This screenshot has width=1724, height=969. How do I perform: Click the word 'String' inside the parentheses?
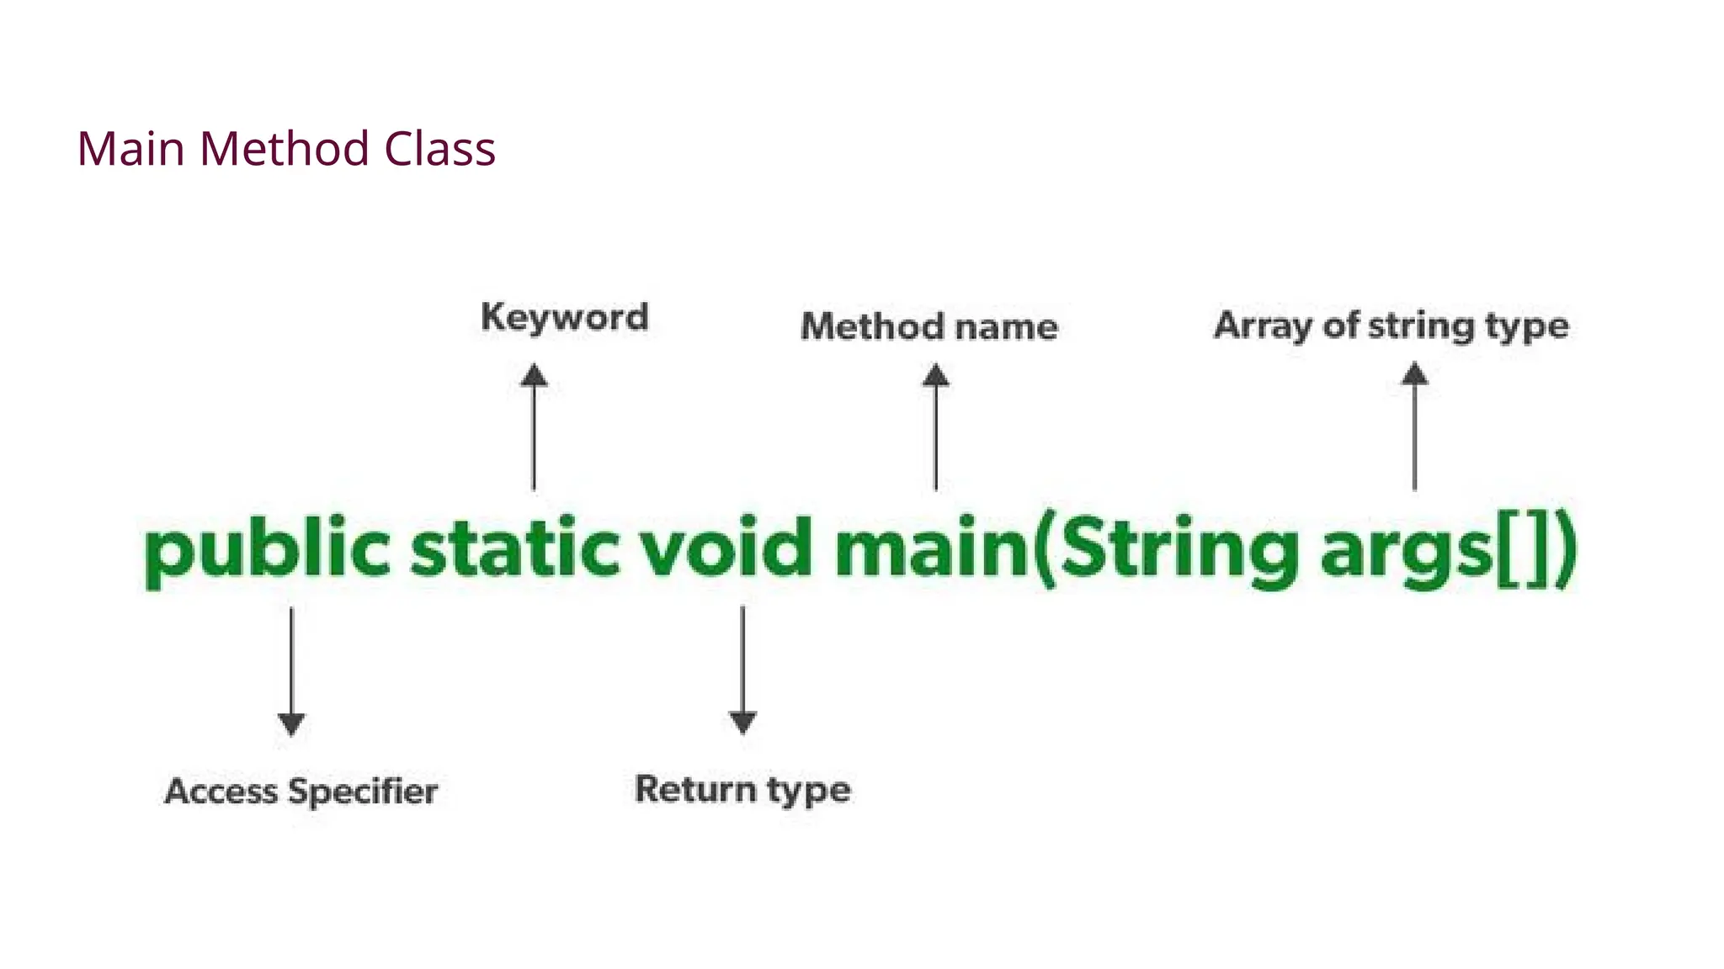click(x=1179, y=551)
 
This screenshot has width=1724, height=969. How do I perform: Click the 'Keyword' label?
click(x=565, y=318)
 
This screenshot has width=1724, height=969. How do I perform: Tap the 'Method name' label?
click(x=929, y=326)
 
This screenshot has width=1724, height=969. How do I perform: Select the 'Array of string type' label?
click(x=1391, y=326)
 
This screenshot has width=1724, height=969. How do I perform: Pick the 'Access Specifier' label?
click(x=301, y=792)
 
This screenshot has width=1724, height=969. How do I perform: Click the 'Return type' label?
click(x=742, y=790)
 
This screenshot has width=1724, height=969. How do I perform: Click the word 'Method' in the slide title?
click(x=284, y=149)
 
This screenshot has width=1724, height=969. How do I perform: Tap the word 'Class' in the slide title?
click(x=439, y=149)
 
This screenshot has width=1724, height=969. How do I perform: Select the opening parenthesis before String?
click(x=1045, y=551)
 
